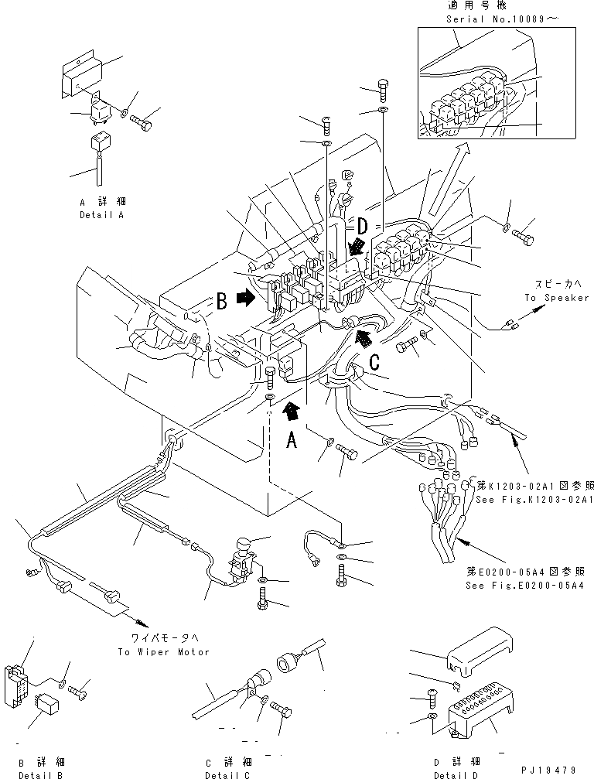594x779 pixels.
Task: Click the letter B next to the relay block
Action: pos(220,300)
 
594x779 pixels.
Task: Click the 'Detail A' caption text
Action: pos(101,214)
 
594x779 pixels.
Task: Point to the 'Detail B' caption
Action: pos(39,774)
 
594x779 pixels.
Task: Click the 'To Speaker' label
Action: pos(556,298)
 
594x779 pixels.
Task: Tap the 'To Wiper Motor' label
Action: pos(163,651)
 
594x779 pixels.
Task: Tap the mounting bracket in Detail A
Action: pos(83,77)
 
